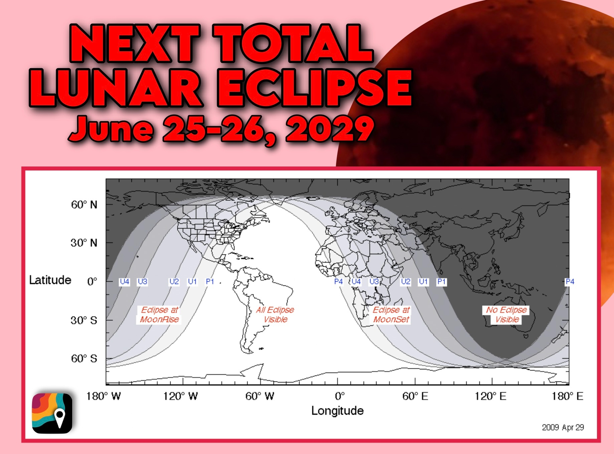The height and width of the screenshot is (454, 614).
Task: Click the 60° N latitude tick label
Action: point(84,205)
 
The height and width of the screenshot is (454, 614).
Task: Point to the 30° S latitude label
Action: point(84,320)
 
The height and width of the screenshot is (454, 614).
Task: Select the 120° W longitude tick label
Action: point(180,396)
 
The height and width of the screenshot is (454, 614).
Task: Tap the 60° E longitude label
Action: point(415,396)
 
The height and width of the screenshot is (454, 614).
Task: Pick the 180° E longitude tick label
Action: point(568,396)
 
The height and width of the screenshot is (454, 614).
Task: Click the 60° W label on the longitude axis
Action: point(260,396)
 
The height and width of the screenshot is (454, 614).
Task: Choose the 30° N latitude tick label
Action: point(84,243)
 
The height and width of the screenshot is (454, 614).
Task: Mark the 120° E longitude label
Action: point(491,396)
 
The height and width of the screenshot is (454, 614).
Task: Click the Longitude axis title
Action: point(337,411)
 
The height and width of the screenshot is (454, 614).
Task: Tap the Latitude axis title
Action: point(50,280)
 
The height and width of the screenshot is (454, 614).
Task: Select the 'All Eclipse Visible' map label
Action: point(275,315)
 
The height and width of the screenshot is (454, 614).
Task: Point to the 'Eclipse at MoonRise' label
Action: point(159,315)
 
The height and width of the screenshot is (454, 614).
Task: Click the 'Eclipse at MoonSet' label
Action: point(391,315)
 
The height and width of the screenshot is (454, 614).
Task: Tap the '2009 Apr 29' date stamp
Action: point(563,427)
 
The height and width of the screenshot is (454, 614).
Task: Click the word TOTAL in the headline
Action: point(293,43)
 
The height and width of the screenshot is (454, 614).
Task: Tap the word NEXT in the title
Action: point(135,43)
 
